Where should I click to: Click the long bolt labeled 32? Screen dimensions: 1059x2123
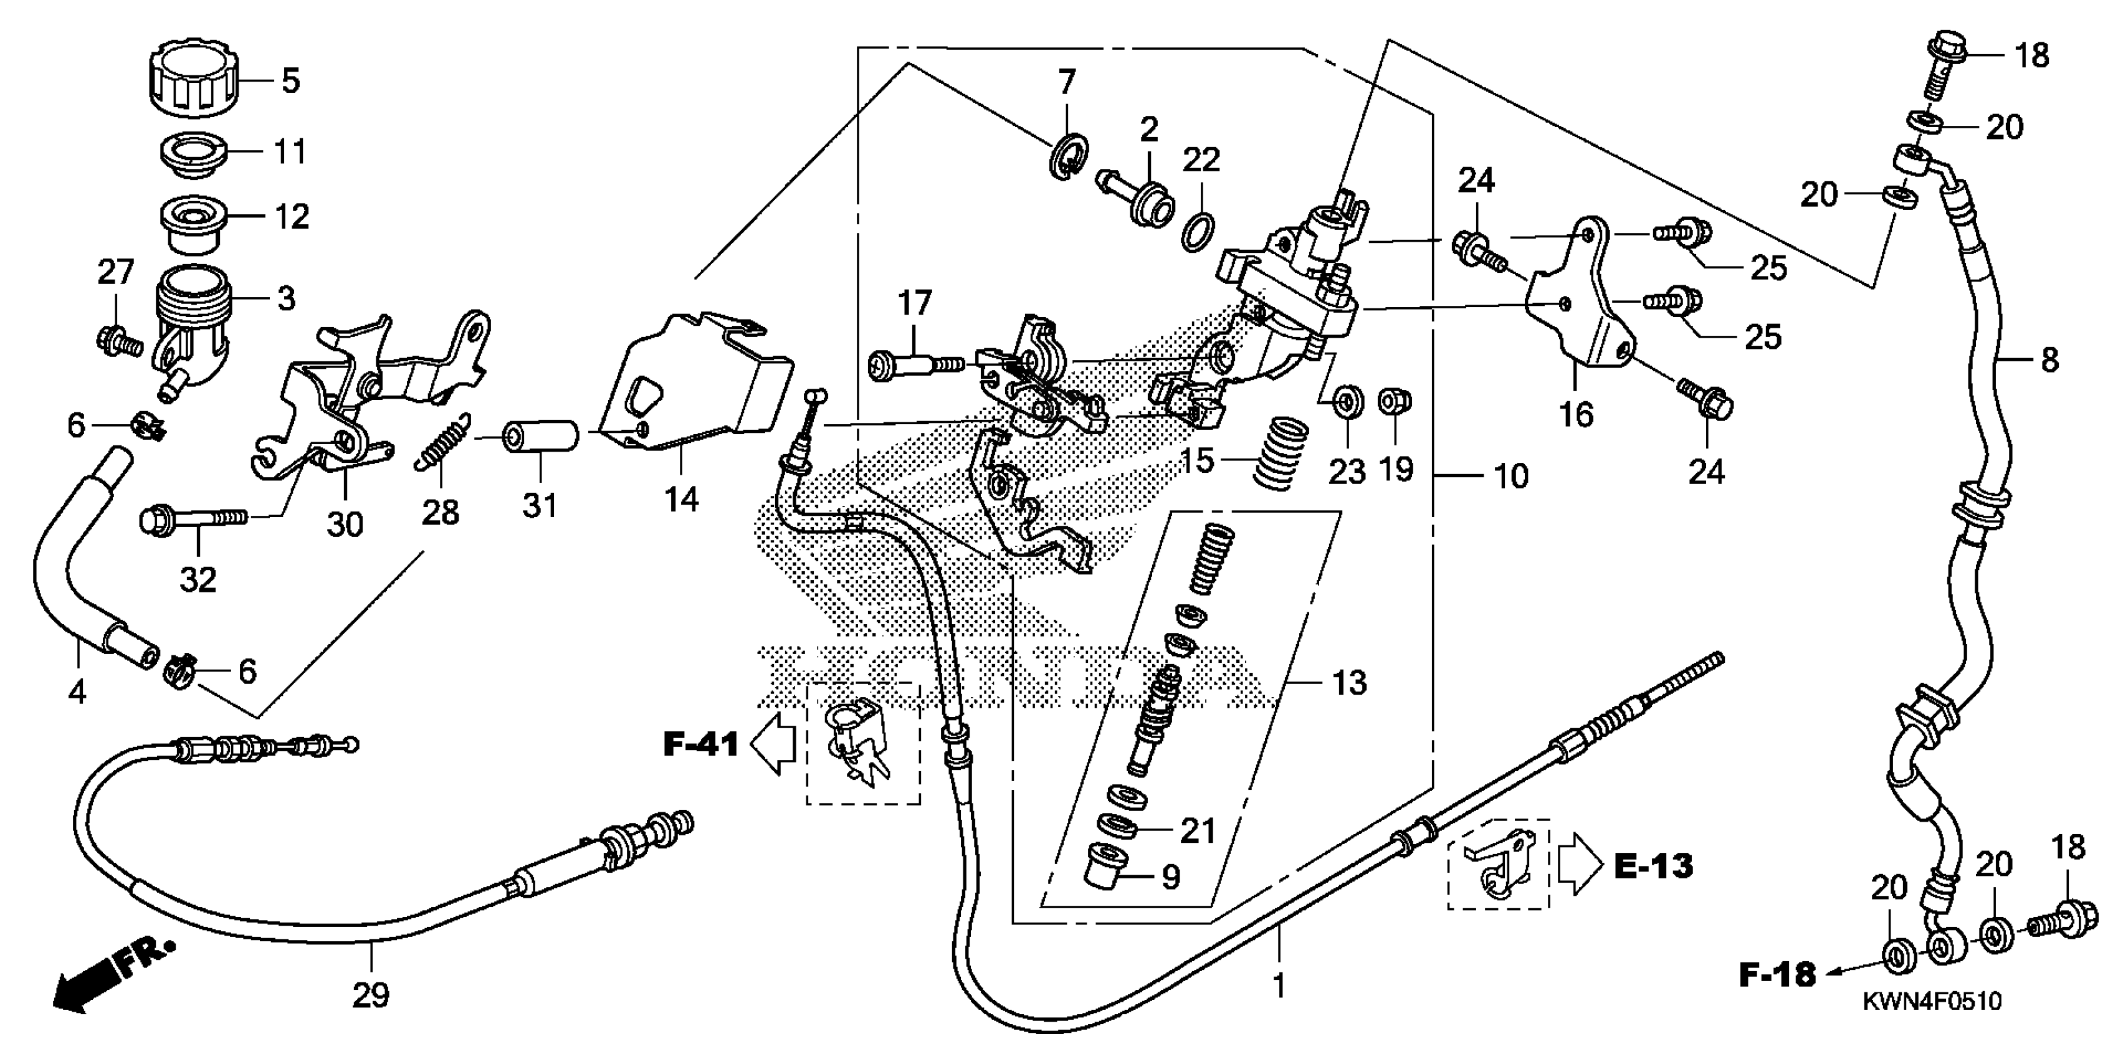click(194, 518)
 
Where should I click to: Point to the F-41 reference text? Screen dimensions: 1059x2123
click(700, 744)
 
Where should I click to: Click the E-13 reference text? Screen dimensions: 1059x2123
click(1653, 866)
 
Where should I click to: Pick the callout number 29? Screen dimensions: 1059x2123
click(370, 995)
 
